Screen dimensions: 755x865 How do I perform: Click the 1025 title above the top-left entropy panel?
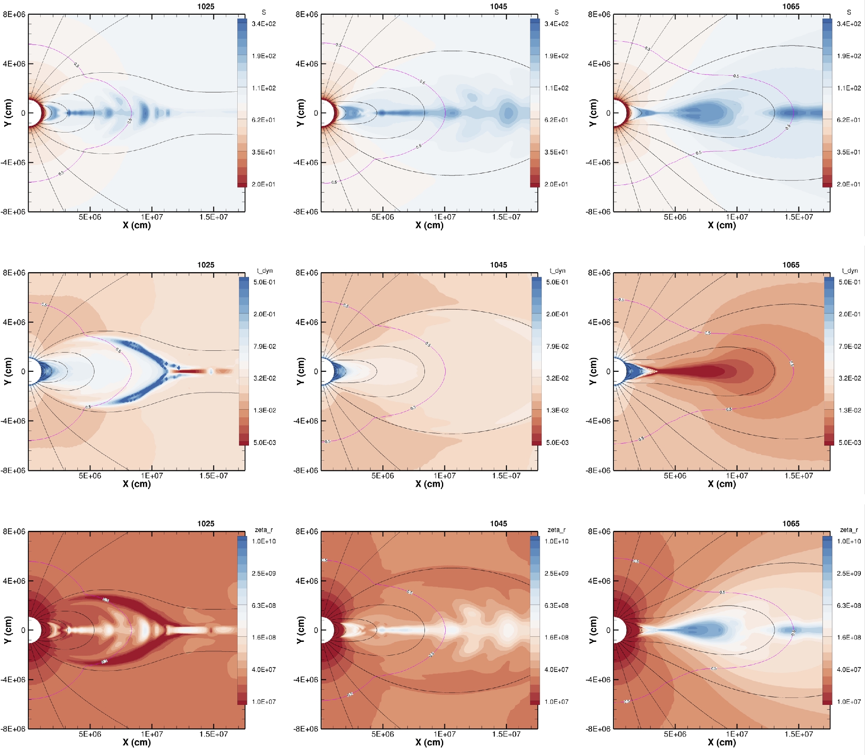(206, 6)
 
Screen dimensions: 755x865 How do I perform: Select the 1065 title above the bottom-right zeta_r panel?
(791, 523)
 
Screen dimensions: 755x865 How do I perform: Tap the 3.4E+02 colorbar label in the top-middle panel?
(556, 24)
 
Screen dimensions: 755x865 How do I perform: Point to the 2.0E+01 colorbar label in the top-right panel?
(849, 184)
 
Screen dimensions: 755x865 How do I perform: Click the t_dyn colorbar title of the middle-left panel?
(265, 270)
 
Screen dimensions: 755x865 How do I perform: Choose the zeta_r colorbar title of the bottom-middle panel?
(556, 530)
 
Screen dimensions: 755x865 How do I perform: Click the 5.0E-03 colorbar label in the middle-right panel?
(849, 442)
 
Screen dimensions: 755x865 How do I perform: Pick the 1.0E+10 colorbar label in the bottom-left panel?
(264, 541)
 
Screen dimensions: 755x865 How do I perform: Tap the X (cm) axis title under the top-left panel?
(136, 225)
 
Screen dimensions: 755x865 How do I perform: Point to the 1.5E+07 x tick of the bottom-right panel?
(799, 734)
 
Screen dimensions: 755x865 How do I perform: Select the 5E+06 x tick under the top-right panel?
(675, 217)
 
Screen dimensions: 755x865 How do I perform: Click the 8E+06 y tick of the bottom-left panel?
(14, 531)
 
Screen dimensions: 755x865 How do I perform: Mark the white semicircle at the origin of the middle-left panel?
(34, 371)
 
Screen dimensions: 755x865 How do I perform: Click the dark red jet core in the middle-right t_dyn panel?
(695, 371)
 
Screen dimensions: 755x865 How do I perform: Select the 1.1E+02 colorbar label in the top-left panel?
(264, 88)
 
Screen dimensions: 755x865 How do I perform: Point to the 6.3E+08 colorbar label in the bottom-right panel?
(849, 605)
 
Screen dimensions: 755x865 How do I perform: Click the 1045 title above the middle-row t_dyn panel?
(498, 265)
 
